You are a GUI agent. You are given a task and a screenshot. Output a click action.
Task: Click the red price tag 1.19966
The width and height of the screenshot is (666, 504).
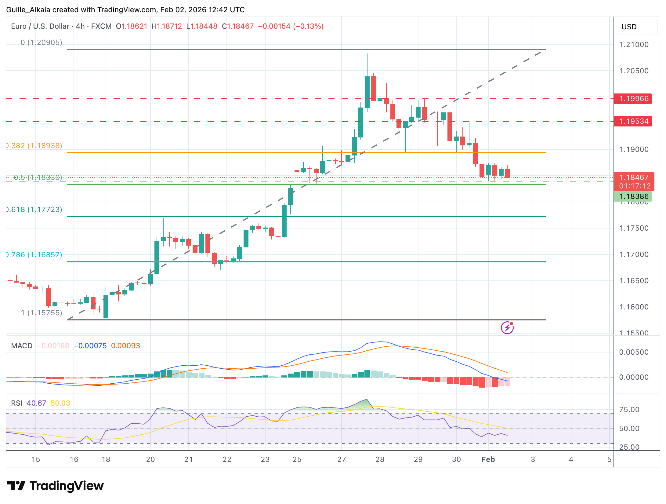coord(633,99)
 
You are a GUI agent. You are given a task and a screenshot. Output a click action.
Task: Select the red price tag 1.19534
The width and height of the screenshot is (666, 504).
coord(633,121)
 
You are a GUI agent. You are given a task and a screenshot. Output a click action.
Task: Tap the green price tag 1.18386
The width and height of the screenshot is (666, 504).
coord(633,196)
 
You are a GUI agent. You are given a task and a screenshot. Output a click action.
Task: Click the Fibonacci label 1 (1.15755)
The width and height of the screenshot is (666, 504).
coord(42,313)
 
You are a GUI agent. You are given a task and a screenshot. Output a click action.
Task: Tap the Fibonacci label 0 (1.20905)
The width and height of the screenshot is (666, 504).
coord(42,42)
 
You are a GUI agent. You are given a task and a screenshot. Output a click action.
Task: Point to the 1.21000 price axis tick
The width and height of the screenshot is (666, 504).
coord(634,45)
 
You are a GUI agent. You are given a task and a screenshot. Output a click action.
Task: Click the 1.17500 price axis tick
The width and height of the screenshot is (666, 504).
coord(634,228)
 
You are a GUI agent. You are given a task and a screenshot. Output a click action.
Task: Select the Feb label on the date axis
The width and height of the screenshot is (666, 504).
coord(488,459)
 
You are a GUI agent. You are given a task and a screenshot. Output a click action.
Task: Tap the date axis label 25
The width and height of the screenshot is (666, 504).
coord(297,459)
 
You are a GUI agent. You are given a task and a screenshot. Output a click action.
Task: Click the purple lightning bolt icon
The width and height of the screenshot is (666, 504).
coord(507,328)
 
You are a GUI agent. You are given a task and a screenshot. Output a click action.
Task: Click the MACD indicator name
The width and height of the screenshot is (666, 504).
coord(22,346)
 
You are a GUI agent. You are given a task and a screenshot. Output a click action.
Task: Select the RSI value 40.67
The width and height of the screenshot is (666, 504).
coord(36,403)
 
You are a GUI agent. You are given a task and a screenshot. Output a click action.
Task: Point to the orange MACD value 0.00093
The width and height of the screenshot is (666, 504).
coord(125,346)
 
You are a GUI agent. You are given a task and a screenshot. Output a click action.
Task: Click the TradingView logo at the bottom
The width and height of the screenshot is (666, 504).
coord(56,486)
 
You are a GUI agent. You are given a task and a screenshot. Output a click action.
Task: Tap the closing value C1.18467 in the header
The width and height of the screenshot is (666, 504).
coord(238,26)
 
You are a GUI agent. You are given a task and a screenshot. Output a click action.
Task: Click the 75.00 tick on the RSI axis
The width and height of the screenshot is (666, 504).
coord(629,410)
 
